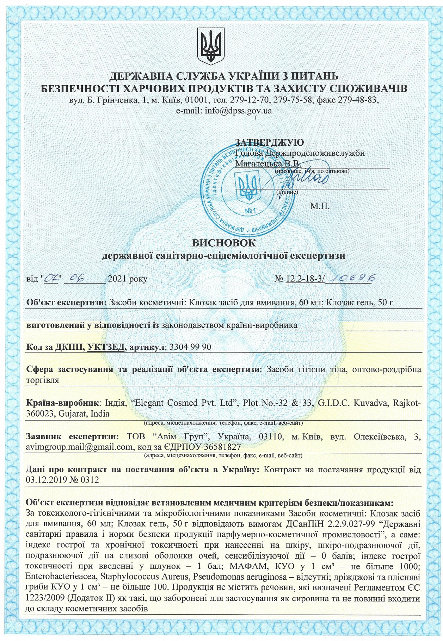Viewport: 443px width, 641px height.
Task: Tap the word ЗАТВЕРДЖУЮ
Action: pyautogui.click(x=269, y=143)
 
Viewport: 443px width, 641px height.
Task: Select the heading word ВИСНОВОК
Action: pyautogui.click(x=224, y=243)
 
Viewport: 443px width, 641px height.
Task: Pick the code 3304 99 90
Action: pyautogui.click(x=190, y=347)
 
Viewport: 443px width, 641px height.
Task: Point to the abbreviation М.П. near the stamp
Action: pyautogui.click(x=320, y=206)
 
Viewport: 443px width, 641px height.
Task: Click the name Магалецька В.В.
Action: pyautogui.click(x=268, y=164)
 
